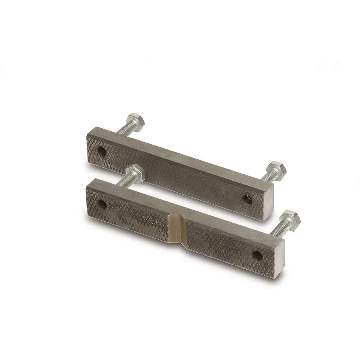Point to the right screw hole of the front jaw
tap(257, 255)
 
